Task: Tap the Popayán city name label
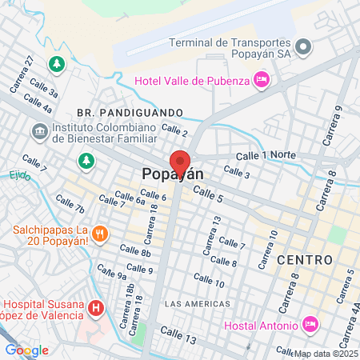coord(172,174)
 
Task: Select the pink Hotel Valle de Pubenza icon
coord(261,79)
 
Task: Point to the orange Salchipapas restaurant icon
coord(100,234)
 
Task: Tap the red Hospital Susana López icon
coord(96,307)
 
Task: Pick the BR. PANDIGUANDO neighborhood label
coord(131,112)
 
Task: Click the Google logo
coord(26,350)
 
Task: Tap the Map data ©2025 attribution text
coord(326,354)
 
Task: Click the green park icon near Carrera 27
coord(56,63)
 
